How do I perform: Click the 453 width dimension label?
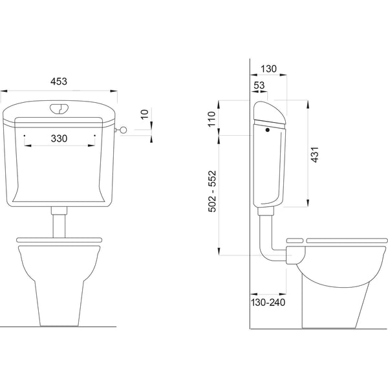pos(59,81)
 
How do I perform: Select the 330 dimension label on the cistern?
pos(59,138)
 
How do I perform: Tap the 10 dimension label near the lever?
pos(144,114)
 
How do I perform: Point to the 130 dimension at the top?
pos(269,69)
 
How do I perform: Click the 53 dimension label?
pos(259,85)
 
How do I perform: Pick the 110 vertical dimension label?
pos(212,119)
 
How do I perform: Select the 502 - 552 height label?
pos(212,191)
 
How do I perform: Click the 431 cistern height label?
pos(315,155)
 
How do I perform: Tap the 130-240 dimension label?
pos(268,303)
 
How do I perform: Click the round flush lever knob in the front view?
pos(123,130)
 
